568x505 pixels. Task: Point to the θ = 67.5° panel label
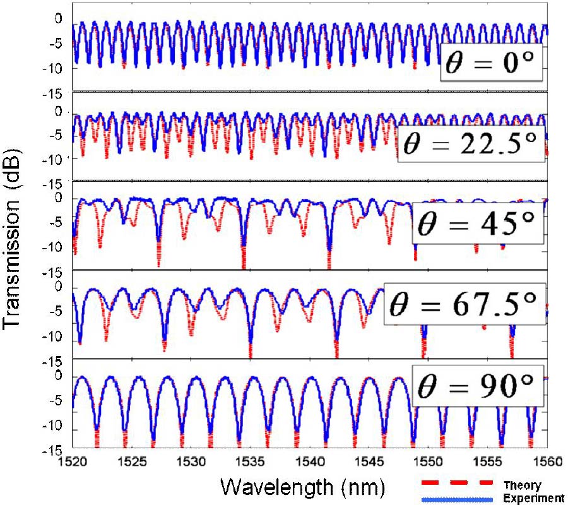point(465,307)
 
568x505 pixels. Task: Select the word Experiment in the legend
point(533,499)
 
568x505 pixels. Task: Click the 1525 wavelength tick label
point(133,461)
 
